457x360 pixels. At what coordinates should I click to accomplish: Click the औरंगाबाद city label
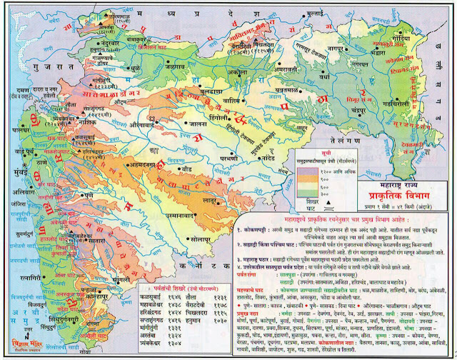(x=143, y=122)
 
